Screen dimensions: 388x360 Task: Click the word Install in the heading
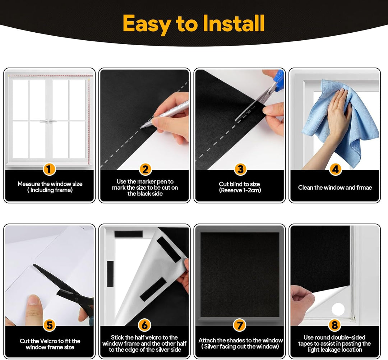(x=234, y=23)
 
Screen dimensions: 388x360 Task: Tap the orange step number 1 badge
(x=49, y=170)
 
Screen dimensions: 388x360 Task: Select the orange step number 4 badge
(x=335, y=170)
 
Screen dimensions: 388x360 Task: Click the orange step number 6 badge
(x=144, y=325)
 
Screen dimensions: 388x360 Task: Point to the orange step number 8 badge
(x=335, y=325)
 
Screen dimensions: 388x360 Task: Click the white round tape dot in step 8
(x=338, y=309)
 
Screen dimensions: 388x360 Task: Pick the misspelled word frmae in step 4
(x=364, y=188)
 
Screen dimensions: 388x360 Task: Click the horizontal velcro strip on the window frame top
(x=128, y=234)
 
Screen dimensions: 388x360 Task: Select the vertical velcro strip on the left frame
(x=110, y=273)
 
